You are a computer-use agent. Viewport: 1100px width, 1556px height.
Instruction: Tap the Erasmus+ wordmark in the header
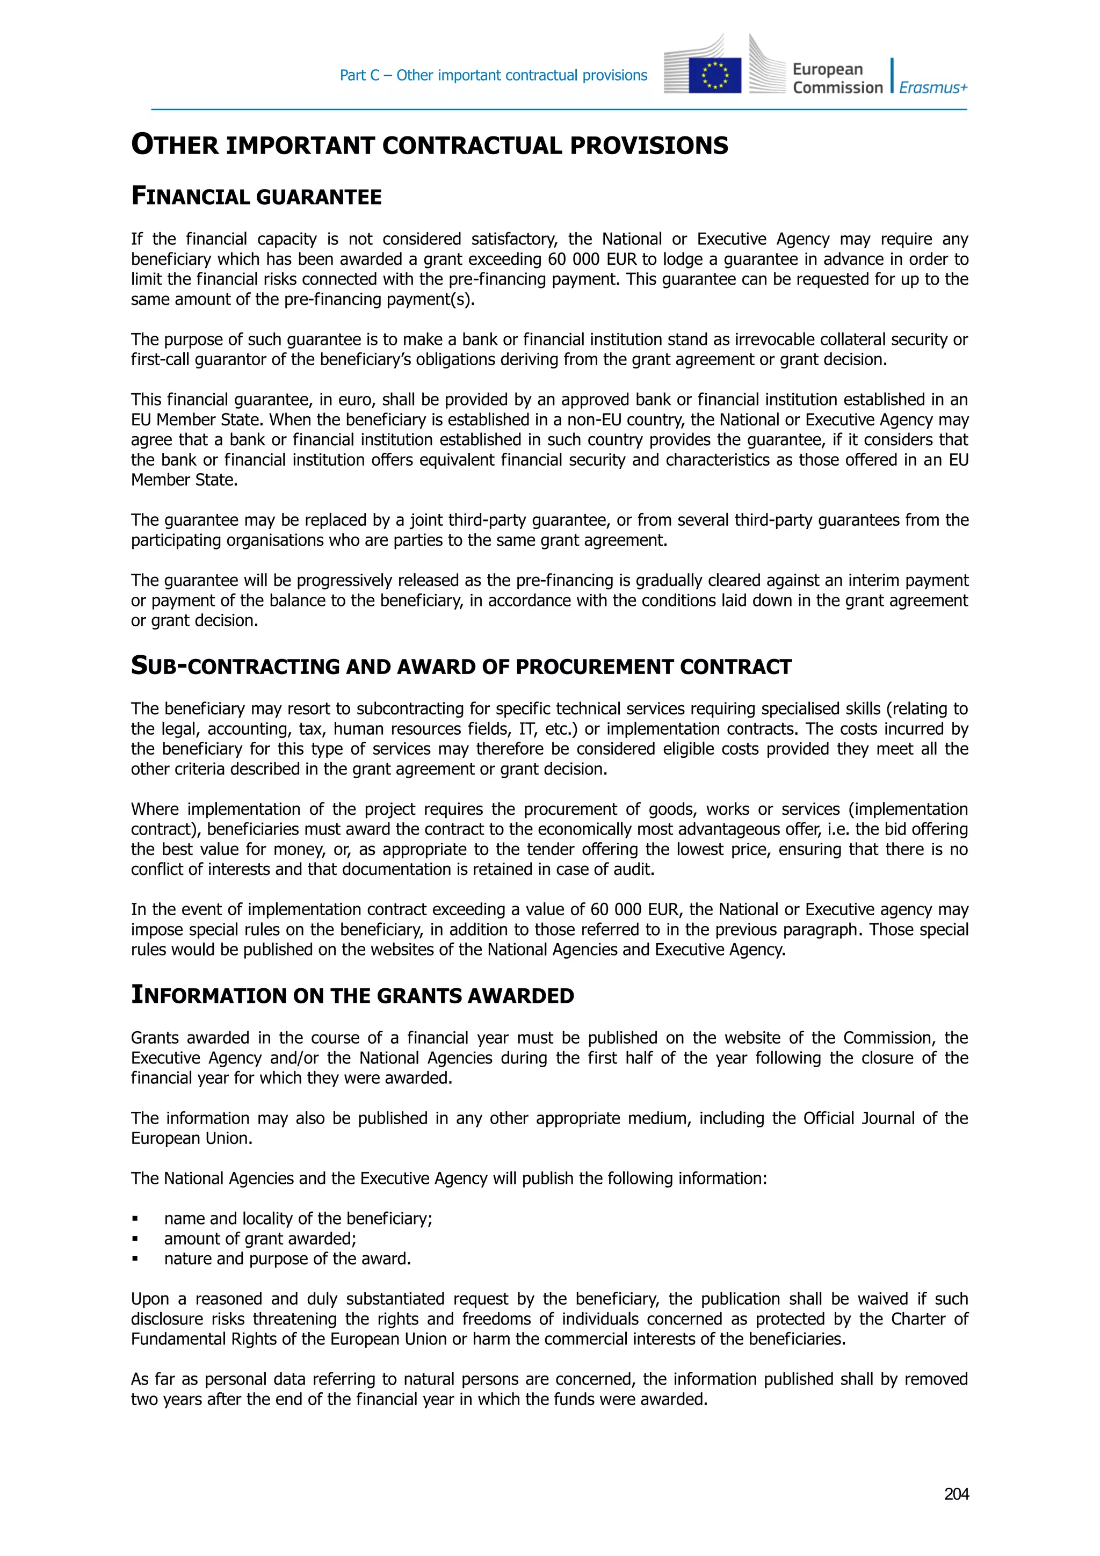[932, 88]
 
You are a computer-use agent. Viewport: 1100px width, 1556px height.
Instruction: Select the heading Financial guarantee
[256, 197]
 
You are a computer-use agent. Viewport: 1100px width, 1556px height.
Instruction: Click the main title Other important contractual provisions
[429, 145]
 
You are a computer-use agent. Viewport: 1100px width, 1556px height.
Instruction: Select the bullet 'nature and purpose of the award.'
[287, 1258]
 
